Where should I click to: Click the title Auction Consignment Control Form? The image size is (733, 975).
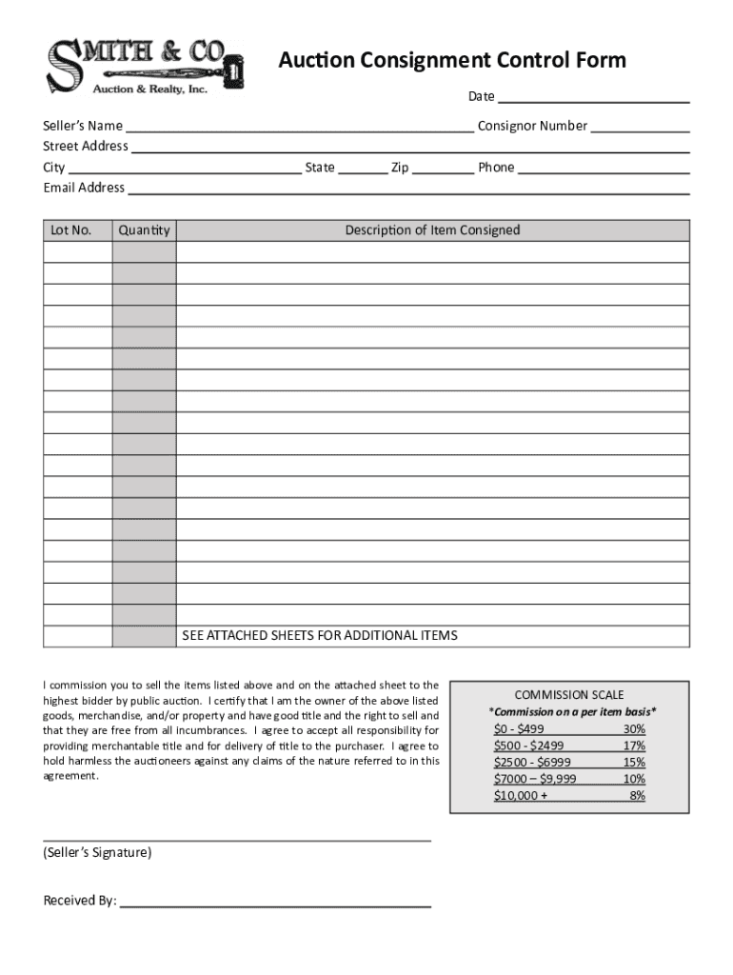point(452,61)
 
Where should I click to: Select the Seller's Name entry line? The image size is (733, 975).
point(299,127)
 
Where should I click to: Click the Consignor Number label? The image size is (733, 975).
point(532,126)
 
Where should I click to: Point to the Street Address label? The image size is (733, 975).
point(86,146)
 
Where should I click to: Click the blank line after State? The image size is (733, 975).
point(363,169)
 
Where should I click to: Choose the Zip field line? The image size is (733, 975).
point(443,169)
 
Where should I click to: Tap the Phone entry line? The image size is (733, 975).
point(604,169)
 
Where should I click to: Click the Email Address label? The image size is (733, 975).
point(84,188)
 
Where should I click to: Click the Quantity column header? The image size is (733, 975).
point(144,230)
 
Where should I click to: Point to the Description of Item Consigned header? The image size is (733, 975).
point(432,230)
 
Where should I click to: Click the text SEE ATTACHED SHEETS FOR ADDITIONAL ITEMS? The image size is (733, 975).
point(320,635)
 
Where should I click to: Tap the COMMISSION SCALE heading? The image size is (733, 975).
point(569,695)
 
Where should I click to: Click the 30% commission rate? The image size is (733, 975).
point(633,729)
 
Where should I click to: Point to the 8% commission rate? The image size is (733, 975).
point(637,795)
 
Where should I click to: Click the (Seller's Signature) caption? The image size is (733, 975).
point(97,853)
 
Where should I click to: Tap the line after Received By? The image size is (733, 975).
point(275,902)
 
